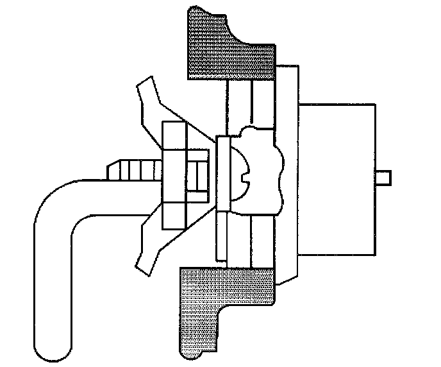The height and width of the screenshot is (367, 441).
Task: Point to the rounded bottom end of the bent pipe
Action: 53,346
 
